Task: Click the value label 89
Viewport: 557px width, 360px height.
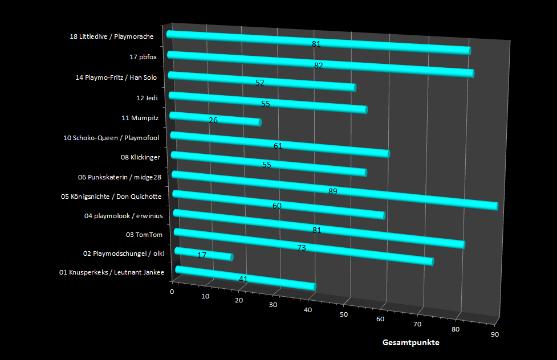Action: point(333,191)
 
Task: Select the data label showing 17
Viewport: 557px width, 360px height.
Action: point(202,255)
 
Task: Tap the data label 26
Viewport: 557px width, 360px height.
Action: point(213,120)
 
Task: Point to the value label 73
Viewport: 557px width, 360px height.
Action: point(302,248)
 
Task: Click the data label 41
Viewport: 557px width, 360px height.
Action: point(243,279)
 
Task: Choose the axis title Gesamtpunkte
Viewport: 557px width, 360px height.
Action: point(410,343)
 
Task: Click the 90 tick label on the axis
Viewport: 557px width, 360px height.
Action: point(494,334)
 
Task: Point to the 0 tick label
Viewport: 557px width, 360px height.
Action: point(173,292)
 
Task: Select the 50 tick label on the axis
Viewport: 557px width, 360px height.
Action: point(343,314)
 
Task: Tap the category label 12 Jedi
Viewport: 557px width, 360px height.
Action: point(147,98)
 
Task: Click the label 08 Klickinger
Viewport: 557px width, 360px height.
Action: point(140,157)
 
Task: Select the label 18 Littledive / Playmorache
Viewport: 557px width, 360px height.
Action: point(111,37)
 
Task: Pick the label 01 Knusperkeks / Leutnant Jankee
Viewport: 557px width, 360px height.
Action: point(112,273)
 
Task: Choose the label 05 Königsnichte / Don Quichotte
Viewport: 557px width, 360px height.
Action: point(111,197)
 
